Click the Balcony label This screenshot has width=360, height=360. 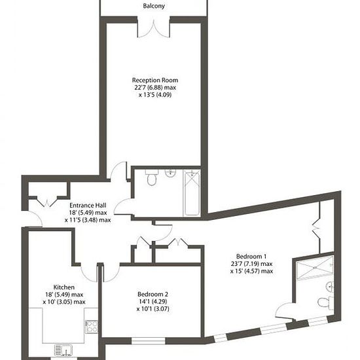coord(154,6)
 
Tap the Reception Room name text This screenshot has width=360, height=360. coord(155,80)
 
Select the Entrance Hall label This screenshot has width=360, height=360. coord(88,205)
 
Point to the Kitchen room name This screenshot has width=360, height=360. coord(64,287)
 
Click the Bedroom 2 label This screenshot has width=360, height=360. coord(153,294)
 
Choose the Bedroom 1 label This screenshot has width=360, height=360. coord(251,256)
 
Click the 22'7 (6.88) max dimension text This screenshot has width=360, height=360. coord(155,88)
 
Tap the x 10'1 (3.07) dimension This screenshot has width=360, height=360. coord(153,309)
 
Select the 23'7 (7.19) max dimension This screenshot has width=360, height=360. coord(251,264)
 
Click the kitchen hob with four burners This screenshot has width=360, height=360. coord(92,327)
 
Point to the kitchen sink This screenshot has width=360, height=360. coord(63,350)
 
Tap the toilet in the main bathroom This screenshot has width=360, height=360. coord(152,177)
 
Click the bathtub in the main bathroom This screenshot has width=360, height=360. coord(192,193)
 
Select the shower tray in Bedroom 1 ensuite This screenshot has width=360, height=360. coord(315,268)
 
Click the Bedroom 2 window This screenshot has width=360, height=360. coord(149,341)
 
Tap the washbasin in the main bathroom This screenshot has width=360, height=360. coord(170,173)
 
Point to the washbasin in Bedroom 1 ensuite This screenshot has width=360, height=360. coord(330,287)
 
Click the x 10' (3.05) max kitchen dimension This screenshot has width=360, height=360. coord(64,302)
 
